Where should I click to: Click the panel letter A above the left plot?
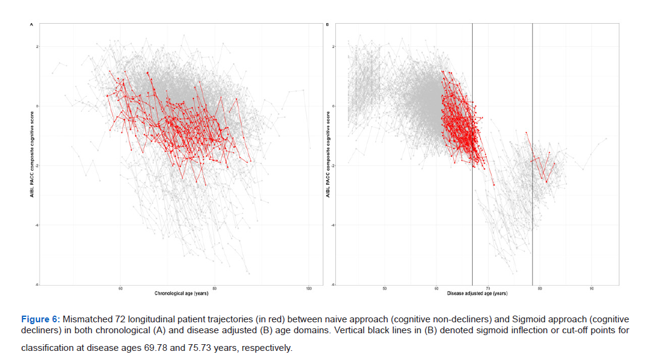click(x=31, y=24)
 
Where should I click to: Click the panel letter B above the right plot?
click(x=328, y=24)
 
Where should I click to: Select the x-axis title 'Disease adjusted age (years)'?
click(x=477, y=293)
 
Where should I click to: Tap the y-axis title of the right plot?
click(x=328, y=154)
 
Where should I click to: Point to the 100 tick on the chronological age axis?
click(x=308, y=288)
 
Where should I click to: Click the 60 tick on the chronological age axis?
click(x=120, y=288)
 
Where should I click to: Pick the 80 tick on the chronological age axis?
click(x=215, y=288)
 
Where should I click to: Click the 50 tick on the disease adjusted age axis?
click(x=385, y=288)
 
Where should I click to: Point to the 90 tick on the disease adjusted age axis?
click(x=591, y=288)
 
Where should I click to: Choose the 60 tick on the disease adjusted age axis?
click(x=436, y=288)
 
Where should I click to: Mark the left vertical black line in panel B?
click(x=472, y=152)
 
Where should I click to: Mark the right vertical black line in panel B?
click(x=532, y=152)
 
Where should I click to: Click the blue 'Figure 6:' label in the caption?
click(x=41, y=319)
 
